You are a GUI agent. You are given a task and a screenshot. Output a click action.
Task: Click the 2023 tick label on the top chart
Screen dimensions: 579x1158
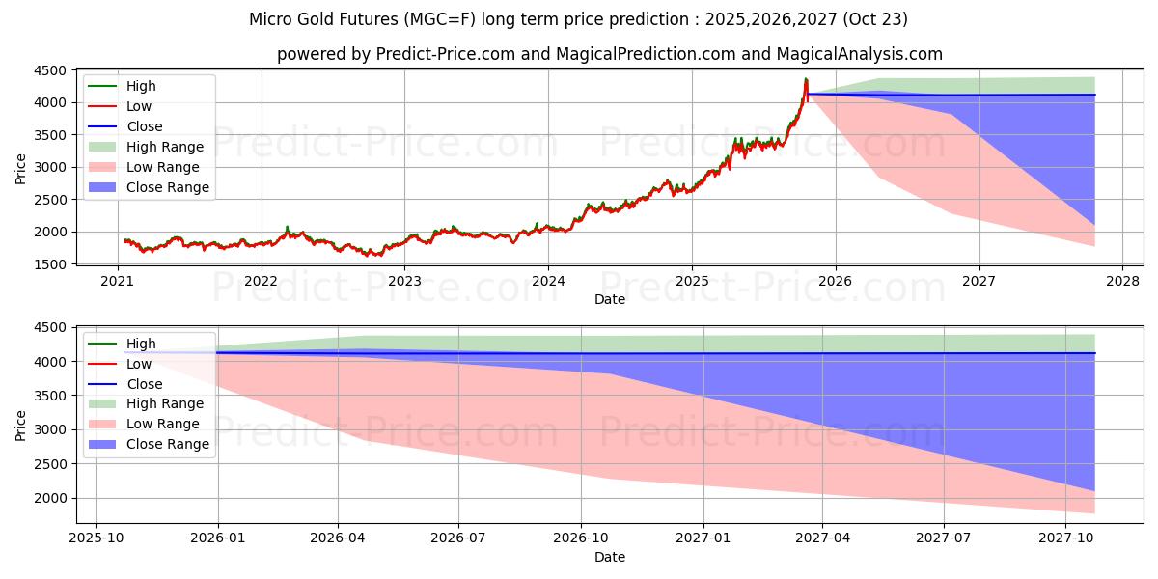pos(404,281)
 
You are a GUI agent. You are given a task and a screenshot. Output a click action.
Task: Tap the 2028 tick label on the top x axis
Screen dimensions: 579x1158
pos(1122,281)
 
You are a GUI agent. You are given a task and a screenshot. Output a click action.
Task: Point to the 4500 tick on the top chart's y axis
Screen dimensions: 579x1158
pos(50,70)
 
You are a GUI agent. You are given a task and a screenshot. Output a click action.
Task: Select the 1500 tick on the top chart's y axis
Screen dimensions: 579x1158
pos(50,264)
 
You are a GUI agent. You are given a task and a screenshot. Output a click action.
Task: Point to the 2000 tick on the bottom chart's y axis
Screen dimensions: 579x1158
pos(50,498)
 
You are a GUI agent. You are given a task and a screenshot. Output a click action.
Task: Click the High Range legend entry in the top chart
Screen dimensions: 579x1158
pos(165,147)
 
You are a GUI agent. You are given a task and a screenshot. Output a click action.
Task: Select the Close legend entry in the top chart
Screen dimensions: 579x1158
pos(145,126)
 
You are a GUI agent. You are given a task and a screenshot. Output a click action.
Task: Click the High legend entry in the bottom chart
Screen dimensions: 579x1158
pos(141,344)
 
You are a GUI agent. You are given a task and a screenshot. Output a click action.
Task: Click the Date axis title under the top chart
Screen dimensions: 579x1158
pos(610,299)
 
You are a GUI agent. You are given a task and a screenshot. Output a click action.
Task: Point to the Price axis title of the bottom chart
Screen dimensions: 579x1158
pos(21,426)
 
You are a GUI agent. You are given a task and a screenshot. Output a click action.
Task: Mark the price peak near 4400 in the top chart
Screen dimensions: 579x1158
pos(805,79)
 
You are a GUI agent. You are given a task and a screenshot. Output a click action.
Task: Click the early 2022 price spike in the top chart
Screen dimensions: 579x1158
pos(287,228)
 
